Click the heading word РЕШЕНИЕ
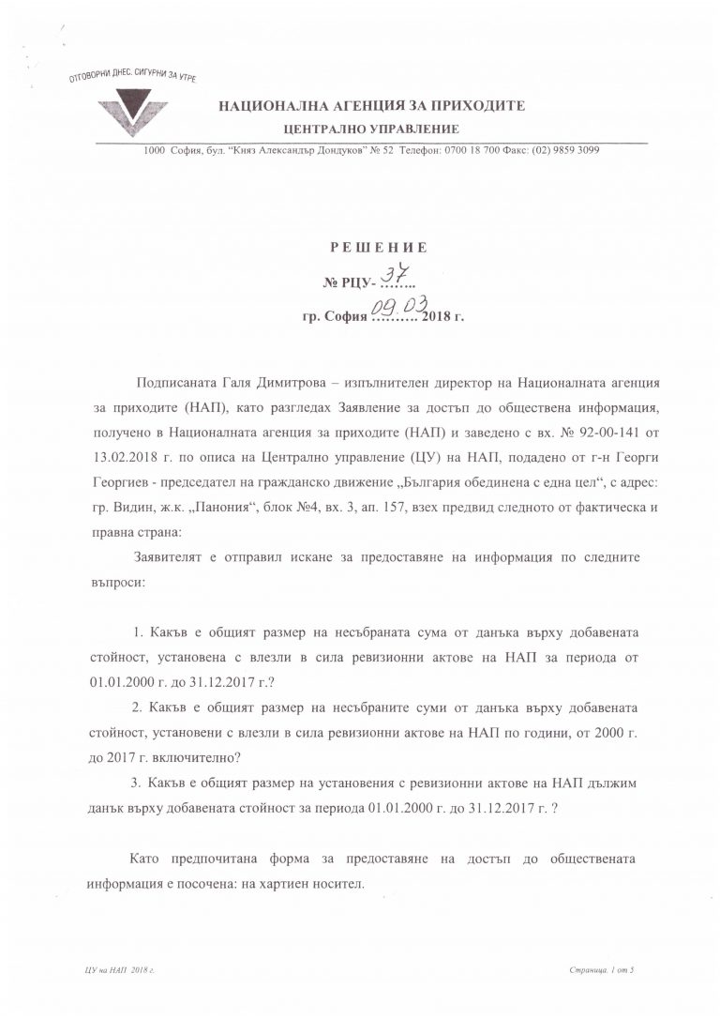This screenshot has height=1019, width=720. coord(379,248)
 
